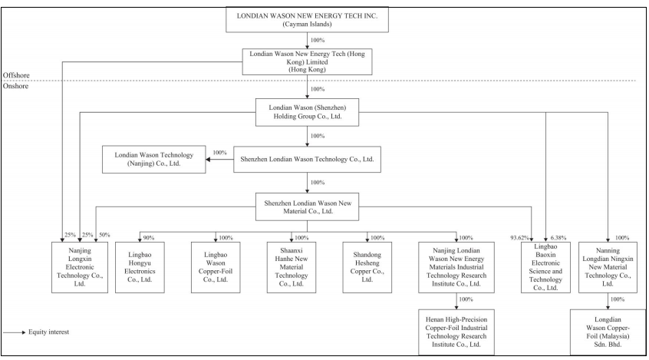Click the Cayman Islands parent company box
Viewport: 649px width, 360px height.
pos(307,19)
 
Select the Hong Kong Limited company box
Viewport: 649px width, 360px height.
pos(307,61)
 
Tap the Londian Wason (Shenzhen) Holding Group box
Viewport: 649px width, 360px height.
pos(307,112)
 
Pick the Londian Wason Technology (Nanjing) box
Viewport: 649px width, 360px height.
pos(154,159)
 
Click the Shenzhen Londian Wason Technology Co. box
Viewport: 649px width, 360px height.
pos(307,159)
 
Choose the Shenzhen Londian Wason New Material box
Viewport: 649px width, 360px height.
pos(307,206)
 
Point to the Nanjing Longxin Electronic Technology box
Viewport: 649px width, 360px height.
pos(80,267)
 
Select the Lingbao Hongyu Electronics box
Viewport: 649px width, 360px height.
pos(140,267)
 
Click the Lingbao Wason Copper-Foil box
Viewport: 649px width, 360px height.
pos(216,267)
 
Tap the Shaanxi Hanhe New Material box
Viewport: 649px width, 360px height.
pos(292,267)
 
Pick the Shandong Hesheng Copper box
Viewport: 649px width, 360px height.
pos(367,267)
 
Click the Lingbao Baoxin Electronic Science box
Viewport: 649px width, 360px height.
pos(545,267)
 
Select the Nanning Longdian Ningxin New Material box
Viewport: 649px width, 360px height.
pos(608,267)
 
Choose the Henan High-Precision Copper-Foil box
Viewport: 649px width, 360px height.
pos(456,332)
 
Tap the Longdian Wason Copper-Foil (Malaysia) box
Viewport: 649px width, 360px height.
pos(608,332)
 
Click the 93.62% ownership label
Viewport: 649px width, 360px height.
pos(519,238)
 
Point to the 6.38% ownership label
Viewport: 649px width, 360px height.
pos(558,238)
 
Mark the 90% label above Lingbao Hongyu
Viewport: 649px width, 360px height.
pos(149,238)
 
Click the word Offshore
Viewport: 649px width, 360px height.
pos(16,75)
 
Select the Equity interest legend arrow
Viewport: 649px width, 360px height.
pos(14,332)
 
